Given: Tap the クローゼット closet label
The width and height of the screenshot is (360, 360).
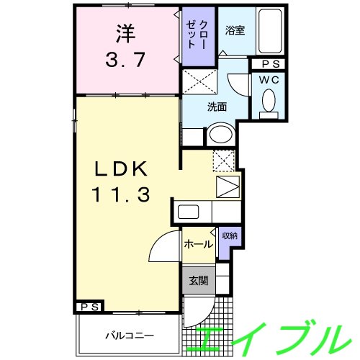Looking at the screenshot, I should [x=197, y=36].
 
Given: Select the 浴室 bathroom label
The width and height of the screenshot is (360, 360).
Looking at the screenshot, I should [x=235, y=31].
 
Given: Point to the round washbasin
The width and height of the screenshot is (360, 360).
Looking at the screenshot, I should [x=221, y=135].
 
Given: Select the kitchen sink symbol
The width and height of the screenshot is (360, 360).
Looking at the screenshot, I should [x=189, y=212].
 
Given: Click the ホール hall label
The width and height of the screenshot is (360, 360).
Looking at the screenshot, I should [x=198, y=244].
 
